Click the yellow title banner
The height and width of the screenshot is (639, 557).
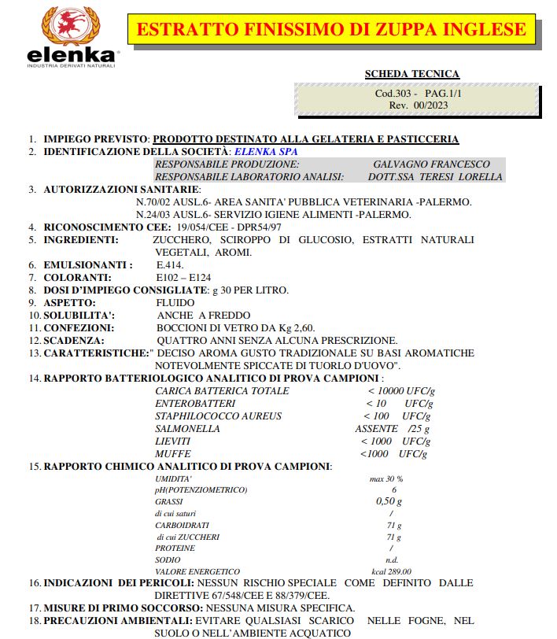[331, 30]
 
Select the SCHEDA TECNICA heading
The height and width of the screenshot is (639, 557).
[411, 74]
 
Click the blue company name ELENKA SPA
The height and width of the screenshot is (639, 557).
[266, 151]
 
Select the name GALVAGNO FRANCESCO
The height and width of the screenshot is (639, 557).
[431, 164]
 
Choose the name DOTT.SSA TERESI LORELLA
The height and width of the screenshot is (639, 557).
[434, 177]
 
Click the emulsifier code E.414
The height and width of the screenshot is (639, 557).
[170, 265]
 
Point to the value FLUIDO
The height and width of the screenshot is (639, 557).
[175, 302]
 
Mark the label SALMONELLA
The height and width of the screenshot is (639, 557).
[187, 429]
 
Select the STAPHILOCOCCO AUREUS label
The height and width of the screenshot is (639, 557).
[218, 416]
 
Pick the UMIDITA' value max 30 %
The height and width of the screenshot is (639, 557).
[385, 478]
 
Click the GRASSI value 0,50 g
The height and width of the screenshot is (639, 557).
[389, 501]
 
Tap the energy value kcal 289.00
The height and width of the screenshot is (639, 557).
[391, 571]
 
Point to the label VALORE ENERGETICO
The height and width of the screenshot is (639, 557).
[197, 571]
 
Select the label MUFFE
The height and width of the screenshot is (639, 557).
[172, 454]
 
